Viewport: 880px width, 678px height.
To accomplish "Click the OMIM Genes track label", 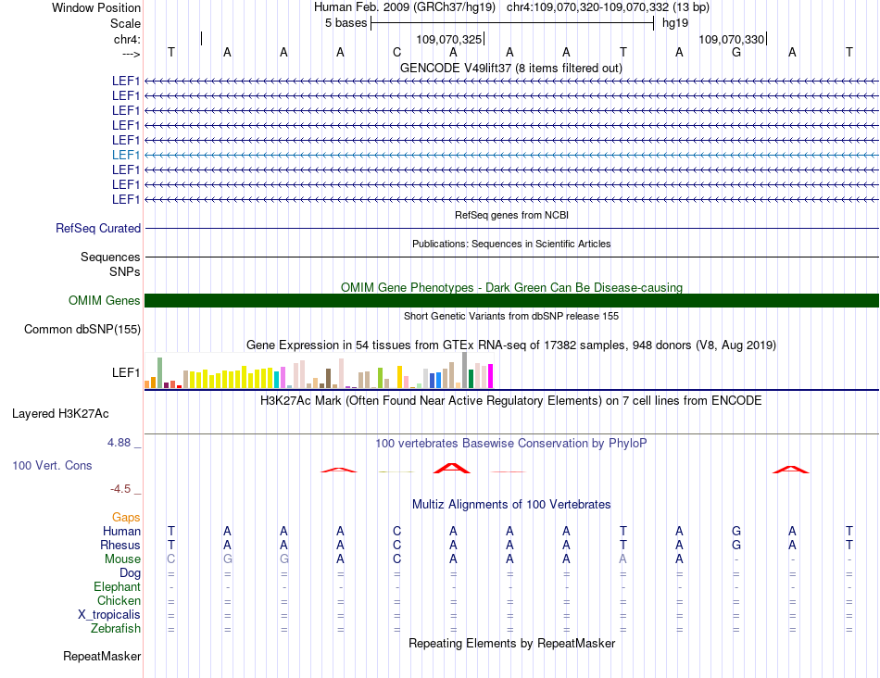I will coord(104,300).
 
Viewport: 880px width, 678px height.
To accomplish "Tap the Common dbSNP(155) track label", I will coord(82,329).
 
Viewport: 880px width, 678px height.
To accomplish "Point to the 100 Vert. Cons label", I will coord(52,465).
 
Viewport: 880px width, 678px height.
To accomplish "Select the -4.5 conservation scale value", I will coord(120,489).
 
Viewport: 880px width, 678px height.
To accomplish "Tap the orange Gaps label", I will coord(126,517).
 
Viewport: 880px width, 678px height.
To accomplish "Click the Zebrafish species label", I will coord(116,629).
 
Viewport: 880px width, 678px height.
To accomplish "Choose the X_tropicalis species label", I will coord(109,615).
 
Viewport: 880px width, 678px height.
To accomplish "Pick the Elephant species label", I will coord(117,587).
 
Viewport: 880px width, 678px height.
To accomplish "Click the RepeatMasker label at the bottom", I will coord(102,657).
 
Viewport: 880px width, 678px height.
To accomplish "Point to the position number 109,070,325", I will coord(449,40).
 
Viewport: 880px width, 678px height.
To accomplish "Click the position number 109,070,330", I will coord(732,40).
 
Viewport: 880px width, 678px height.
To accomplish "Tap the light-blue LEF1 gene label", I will coord(126,155).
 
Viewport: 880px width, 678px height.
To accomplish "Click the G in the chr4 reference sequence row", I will coord(736,53).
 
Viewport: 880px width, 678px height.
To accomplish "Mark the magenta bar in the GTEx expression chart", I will coord(491,376).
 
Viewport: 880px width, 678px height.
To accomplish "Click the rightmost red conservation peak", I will coord(791,470).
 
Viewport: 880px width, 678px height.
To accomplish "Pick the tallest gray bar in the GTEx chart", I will coord(464,370).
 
